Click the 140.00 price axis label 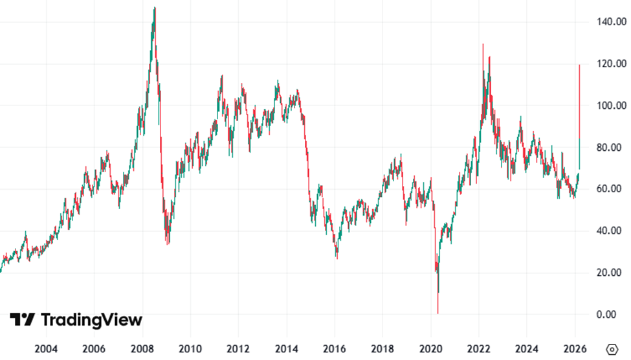pos(612,22)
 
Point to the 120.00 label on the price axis pos(612,64)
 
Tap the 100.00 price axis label pos(612,106)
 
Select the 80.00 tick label pos(614,148)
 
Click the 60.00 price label pos(614,189)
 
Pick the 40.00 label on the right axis pos(614,231)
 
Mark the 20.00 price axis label pos(614,273)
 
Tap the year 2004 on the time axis pos(46,348)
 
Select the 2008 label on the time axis pos(142,348)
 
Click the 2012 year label pos(238,348)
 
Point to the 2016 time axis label pos(334,348)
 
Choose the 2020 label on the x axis pos(431,348)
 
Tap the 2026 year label pos(575,348)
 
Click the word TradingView pos(91,320)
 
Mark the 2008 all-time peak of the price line pos(154,8)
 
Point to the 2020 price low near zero pos(438,313)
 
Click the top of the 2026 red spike pos(579,65)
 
